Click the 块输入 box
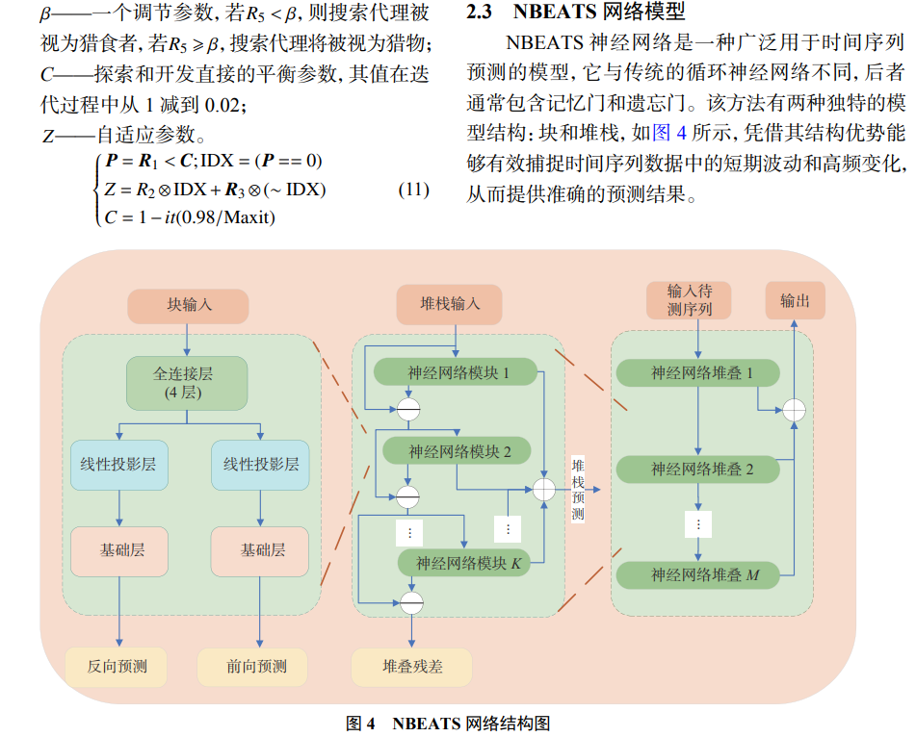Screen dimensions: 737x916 pos(188,305)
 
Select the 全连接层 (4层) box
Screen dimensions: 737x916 pos(187,383)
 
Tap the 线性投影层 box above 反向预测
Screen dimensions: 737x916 pos(118,464)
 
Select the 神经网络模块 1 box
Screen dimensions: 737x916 pos(458,372)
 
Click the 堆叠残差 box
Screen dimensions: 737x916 pos(411,666)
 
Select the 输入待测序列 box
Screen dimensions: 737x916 pos(689,300)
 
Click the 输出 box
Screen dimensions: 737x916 pos(795,300)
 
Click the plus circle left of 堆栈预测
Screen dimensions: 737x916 pos(544,489)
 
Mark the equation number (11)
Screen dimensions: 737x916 pos(413,190)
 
